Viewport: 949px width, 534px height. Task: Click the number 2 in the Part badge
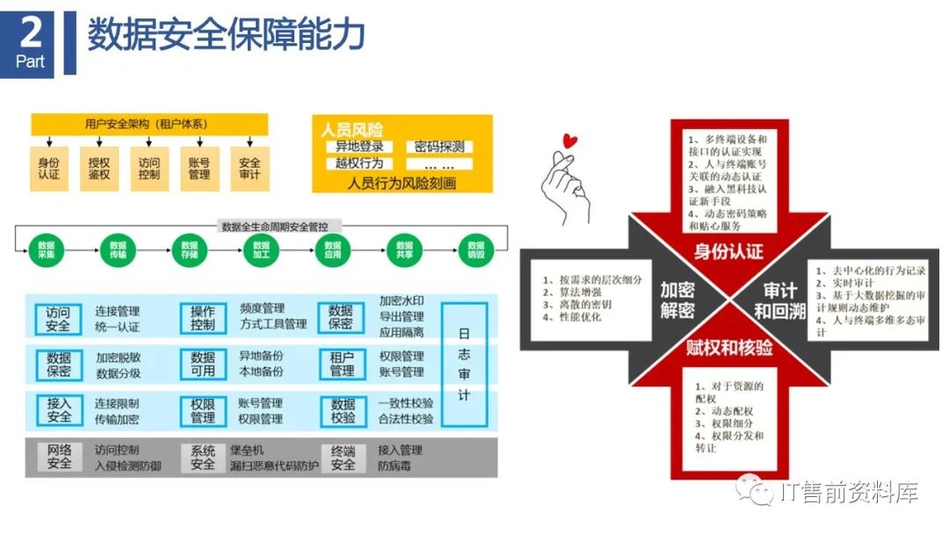31,33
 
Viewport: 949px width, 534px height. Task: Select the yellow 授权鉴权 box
99,169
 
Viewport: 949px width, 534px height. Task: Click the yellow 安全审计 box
250,169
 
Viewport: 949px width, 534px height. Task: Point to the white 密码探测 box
439,147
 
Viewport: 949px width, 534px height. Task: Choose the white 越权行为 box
359,163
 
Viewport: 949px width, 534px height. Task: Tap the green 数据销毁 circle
476,249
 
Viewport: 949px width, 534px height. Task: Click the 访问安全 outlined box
59,318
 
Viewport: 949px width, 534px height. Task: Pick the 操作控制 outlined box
203,318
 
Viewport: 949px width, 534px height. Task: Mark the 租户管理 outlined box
343,364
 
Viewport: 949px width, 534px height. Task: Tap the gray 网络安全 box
59,457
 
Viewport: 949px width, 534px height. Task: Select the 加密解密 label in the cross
677,299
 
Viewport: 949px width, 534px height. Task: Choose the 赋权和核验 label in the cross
728,348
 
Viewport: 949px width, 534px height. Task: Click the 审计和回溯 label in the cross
779,299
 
